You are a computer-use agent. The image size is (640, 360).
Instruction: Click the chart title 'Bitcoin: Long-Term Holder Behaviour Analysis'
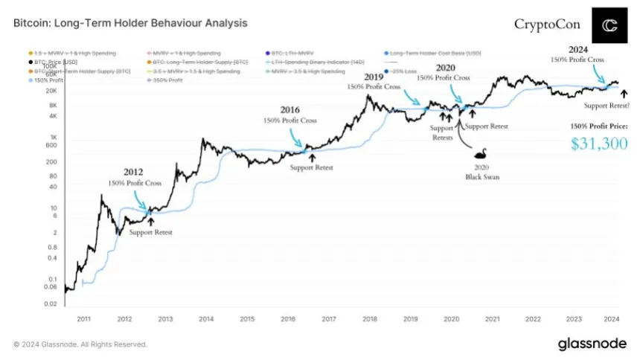130,23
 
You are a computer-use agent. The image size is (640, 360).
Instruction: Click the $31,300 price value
599,144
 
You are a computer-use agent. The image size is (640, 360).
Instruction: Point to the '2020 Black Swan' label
481,173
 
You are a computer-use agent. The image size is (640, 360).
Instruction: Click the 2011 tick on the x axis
83,318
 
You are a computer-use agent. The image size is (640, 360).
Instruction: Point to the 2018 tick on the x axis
369,318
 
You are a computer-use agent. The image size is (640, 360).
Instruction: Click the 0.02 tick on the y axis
51,304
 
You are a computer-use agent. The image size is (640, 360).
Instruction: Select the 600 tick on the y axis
50,145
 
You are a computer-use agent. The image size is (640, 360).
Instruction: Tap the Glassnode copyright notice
80,344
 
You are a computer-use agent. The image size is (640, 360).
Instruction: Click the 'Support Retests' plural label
443,132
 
